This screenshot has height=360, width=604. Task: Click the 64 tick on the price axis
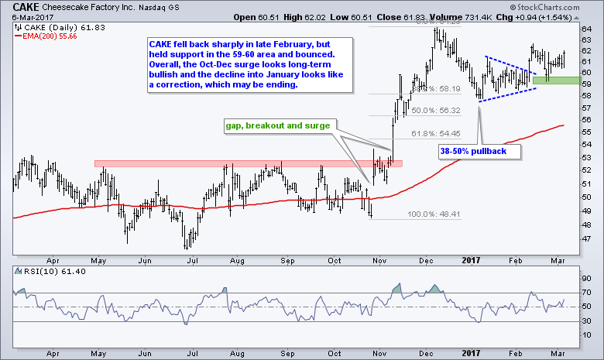(x=586, y=29)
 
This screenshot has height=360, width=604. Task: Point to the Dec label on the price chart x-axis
(x=427, y=262)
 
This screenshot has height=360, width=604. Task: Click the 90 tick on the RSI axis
(x=586, y=278)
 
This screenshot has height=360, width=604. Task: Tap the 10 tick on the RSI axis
(x=586, y=336)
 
